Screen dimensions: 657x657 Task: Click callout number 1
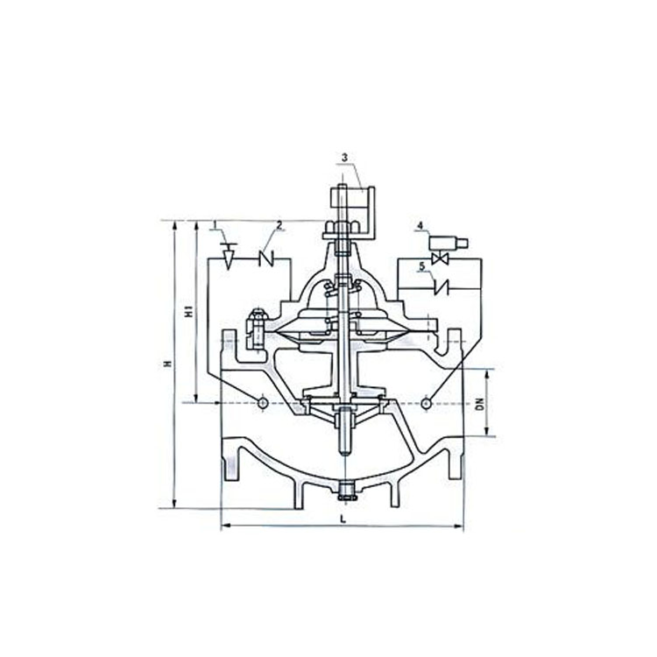[x=215, y=225]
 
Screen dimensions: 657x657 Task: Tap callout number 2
[x=280, y=225]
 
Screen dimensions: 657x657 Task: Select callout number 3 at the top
[x=344, y=158]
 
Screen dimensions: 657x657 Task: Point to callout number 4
[x=420, y=225]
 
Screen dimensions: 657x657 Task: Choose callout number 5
[x=422, y=266]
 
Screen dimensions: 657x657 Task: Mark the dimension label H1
[x=189, y=311]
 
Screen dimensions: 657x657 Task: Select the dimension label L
[x=343, y=519]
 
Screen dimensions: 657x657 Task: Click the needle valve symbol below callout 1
[x=229, y=256]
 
